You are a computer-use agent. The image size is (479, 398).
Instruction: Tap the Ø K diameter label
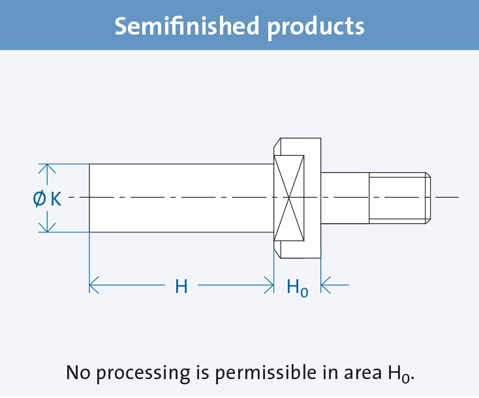click(47, 198)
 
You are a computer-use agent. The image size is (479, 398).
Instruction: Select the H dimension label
click(181, 286)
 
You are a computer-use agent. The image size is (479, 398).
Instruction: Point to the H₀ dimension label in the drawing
click(297, 286)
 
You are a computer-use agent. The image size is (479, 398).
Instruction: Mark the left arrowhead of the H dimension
click(93, 285)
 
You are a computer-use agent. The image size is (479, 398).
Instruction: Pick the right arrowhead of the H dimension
click(269, 285)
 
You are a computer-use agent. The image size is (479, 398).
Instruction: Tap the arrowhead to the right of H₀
click(326, 285)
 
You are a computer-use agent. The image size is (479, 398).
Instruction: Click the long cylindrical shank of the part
click(181, 198)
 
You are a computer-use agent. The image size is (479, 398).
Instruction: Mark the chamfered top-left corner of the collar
click(277, 144)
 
